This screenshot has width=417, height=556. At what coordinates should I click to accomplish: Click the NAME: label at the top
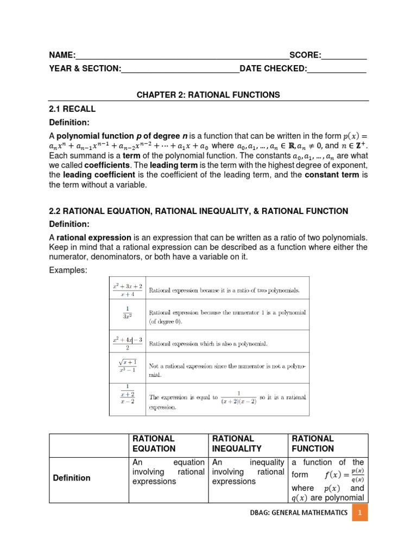pos(62,55)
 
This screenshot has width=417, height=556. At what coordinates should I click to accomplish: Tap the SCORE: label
pos(305,55)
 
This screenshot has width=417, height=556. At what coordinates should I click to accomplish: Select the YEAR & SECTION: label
pos(85,68)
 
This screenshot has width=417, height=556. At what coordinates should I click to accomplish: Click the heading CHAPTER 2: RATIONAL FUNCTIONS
pos(208,94)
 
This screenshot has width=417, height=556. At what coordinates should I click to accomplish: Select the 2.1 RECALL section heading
pos(72,109)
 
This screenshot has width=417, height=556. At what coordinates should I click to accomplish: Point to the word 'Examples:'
pos(68,270)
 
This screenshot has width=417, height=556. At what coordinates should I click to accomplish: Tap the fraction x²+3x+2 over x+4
pos(128,289)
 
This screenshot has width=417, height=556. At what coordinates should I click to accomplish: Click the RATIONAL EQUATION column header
pos(154,443)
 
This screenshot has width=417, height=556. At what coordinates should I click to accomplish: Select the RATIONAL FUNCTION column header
pos(313,443)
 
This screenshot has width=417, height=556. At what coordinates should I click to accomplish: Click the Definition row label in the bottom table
pos(72,478)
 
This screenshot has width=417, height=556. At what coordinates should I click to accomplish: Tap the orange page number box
pos(359,513)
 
